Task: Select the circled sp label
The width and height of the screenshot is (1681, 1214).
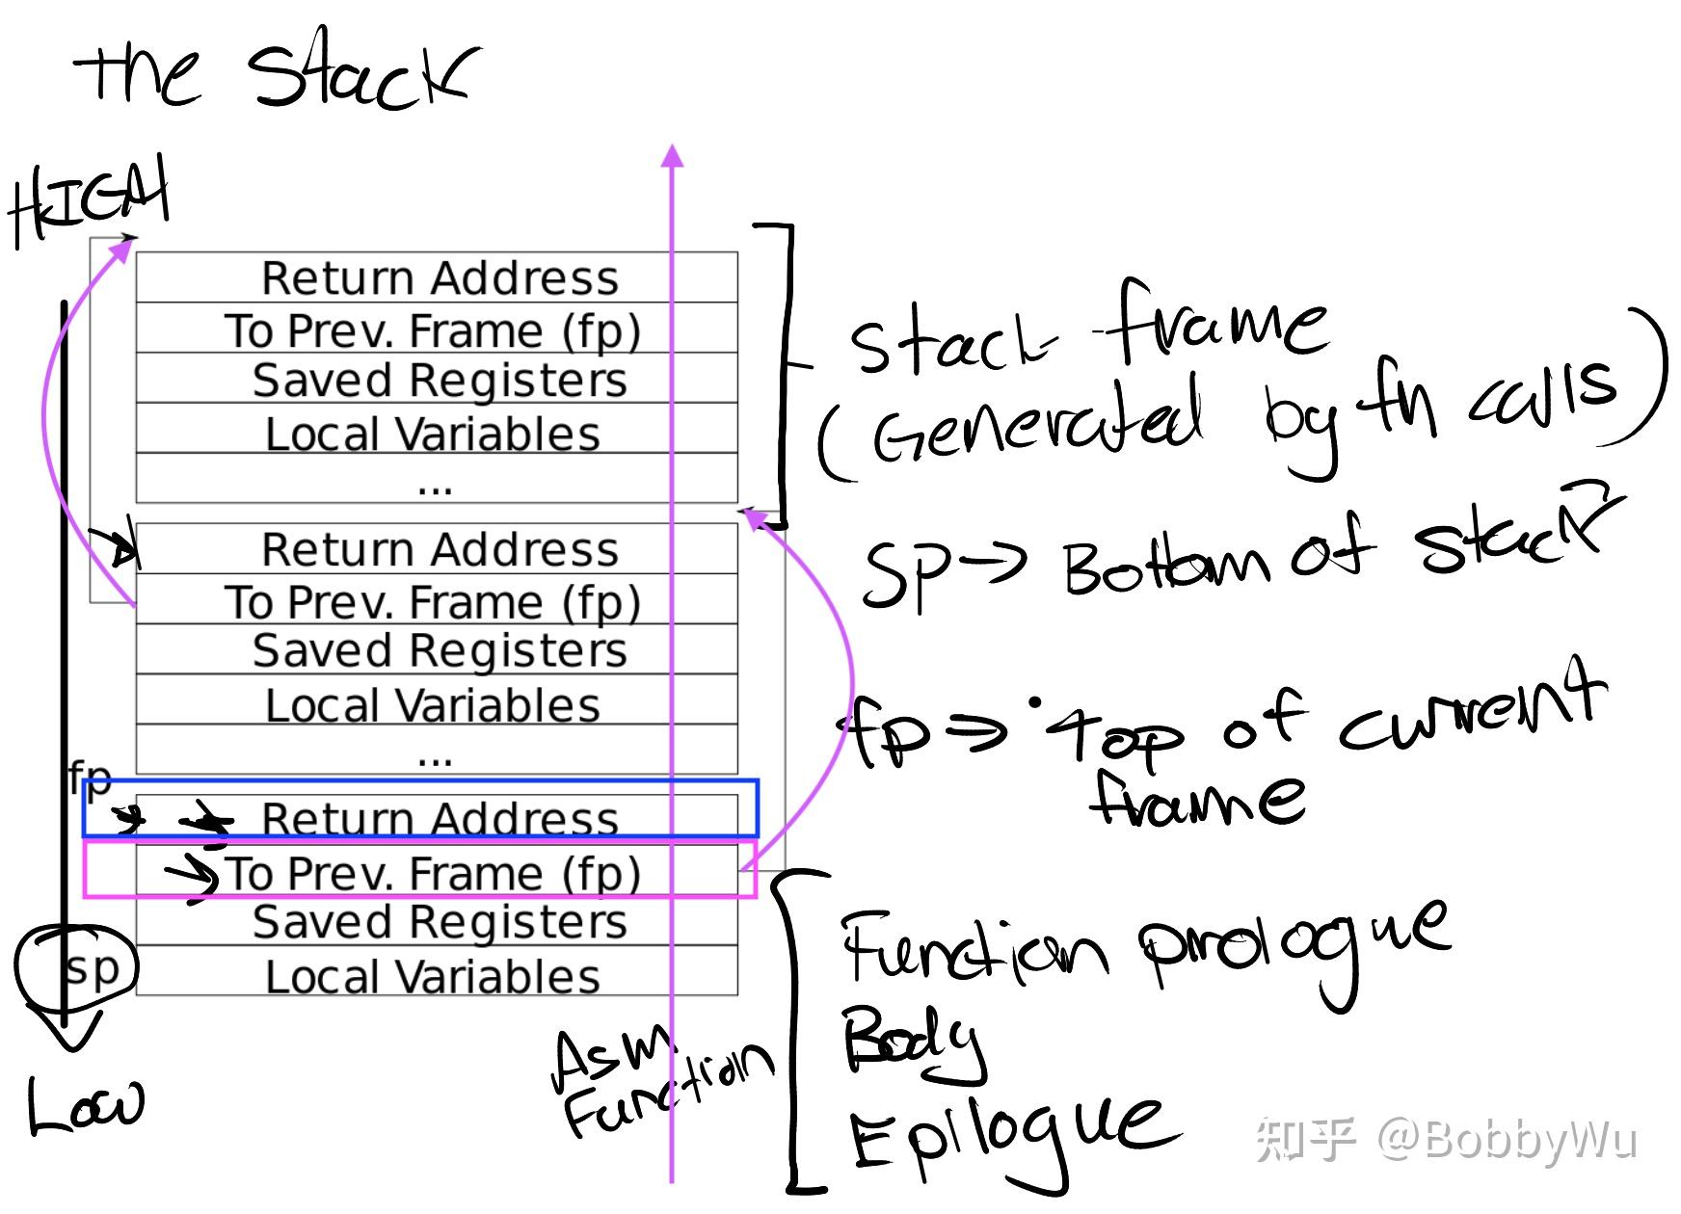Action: pyautogui.click(x=91, y=966)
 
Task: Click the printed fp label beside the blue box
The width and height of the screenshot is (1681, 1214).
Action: pyautogui.click(x=91, y=775)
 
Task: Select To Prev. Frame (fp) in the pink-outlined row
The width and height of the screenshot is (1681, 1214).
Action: pyautogui.click(x=434, y=873)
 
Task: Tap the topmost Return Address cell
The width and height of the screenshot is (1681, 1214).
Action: pyautogui.click(x=439, y=278)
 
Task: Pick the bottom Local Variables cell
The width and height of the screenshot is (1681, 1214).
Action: pyautogui.click(x=433, y=976)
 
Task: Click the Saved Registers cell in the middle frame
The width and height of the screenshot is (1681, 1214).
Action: pyautogui.click(x=439, y=650)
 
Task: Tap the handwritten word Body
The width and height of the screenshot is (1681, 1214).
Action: pyautogui.click(x=912, y=1042)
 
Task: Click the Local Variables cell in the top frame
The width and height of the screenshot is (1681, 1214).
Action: pyautogui.click(x=433, y=434)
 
